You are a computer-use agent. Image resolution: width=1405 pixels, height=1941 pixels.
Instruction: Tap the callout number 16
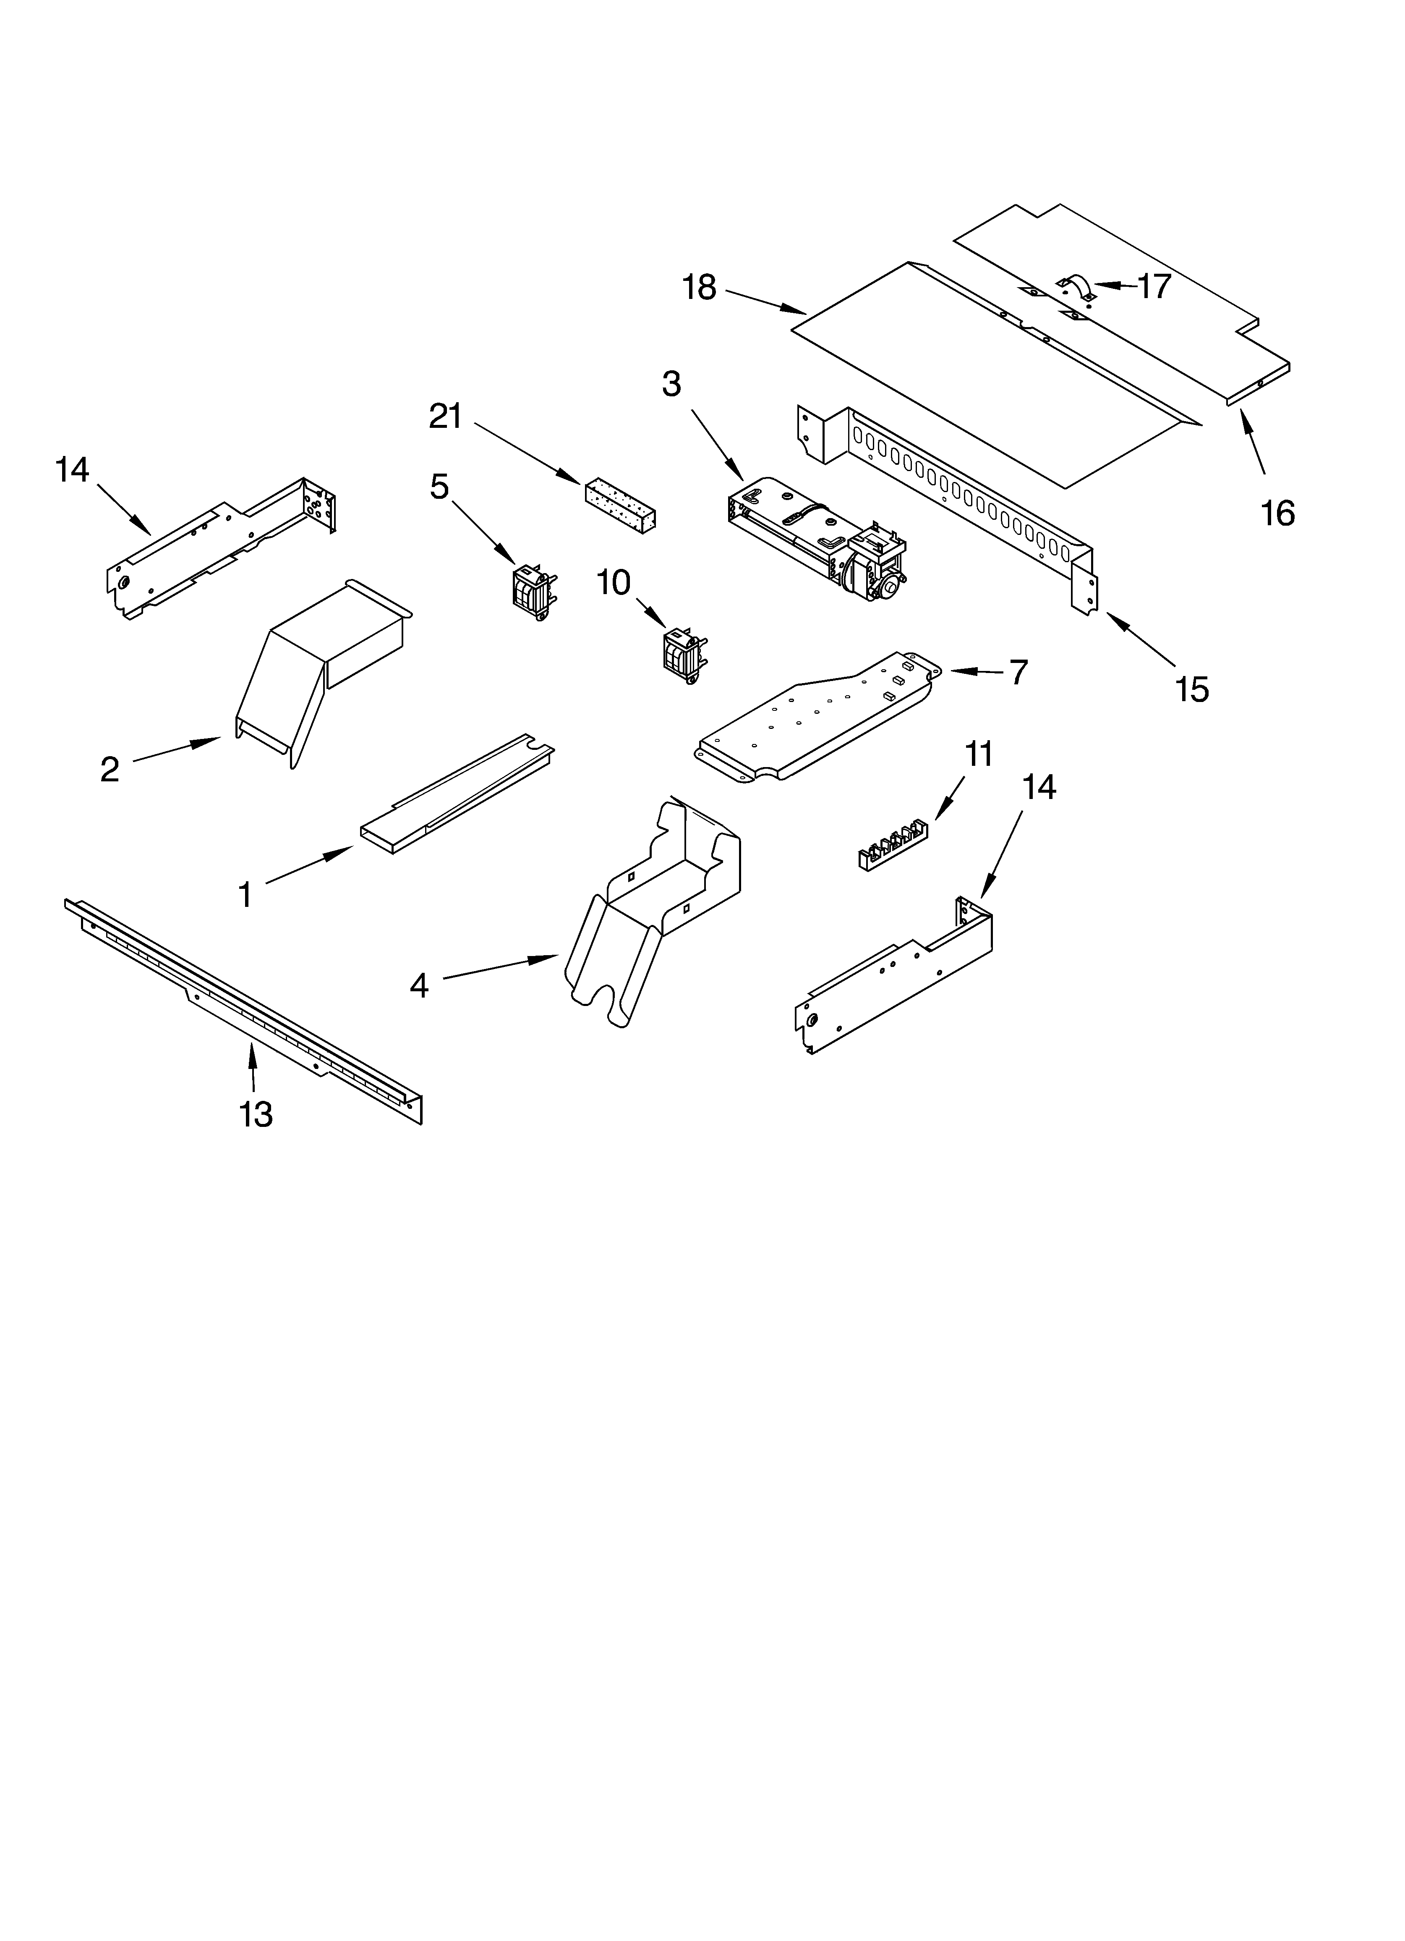coord(1277,513)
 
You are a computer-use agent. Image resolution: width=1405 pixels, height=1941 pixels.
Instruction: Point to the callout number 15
coord(1192,689)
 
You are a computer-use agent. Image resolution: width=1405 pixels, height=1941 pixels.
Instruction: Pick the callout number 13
coord(256,1114)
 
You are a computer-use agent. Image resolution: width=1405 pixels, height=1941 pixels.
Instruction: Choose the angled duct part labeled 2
coord(316,668)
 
